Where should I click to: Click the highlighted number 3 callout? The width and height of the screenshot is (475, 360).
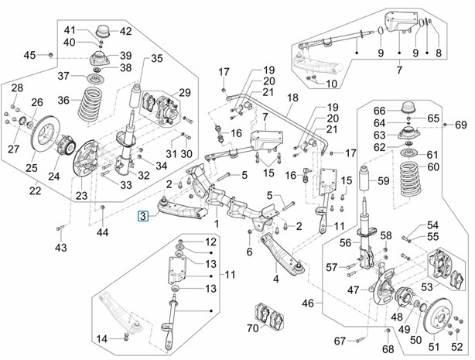(143, 218)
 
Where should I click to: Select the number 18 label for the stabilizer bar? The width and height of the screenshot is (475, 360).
(292, 98)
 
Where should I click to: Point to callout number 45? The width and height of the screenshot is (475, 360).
(29, 54)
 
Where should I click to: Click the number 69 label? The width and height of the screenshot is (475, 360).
(461, 125)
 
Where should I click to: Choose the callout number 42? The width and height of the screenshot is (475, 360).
(125, 32)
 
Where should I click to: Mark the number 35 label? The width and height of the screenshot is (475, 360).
(157, 59)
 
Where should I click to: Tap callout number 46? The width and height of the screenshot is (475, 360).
(311, 302)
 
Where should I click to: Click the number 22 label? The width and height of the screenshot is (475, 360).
(35, 191)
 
